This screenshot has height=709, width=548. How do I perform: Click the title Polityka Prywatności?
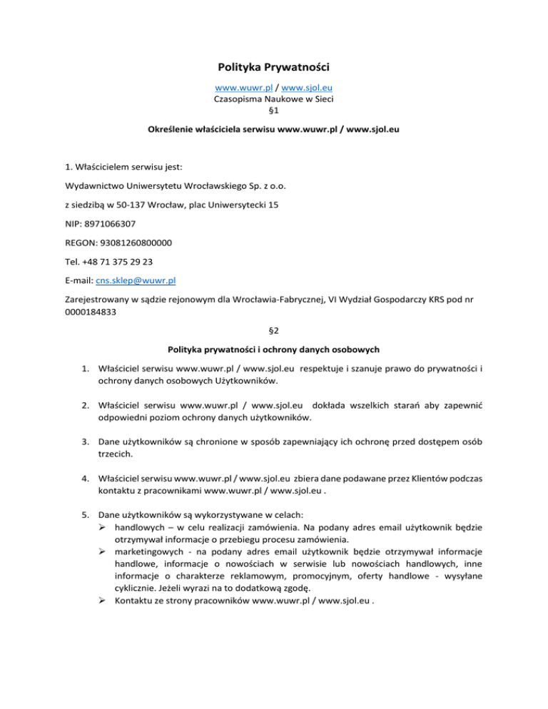pos(274,69)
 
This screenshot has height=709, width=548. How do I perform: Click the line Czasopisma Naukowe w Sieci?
pos(274,101)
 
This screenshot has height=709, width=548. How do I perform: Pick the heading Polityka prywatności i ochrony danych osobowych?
pos(274,350)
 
